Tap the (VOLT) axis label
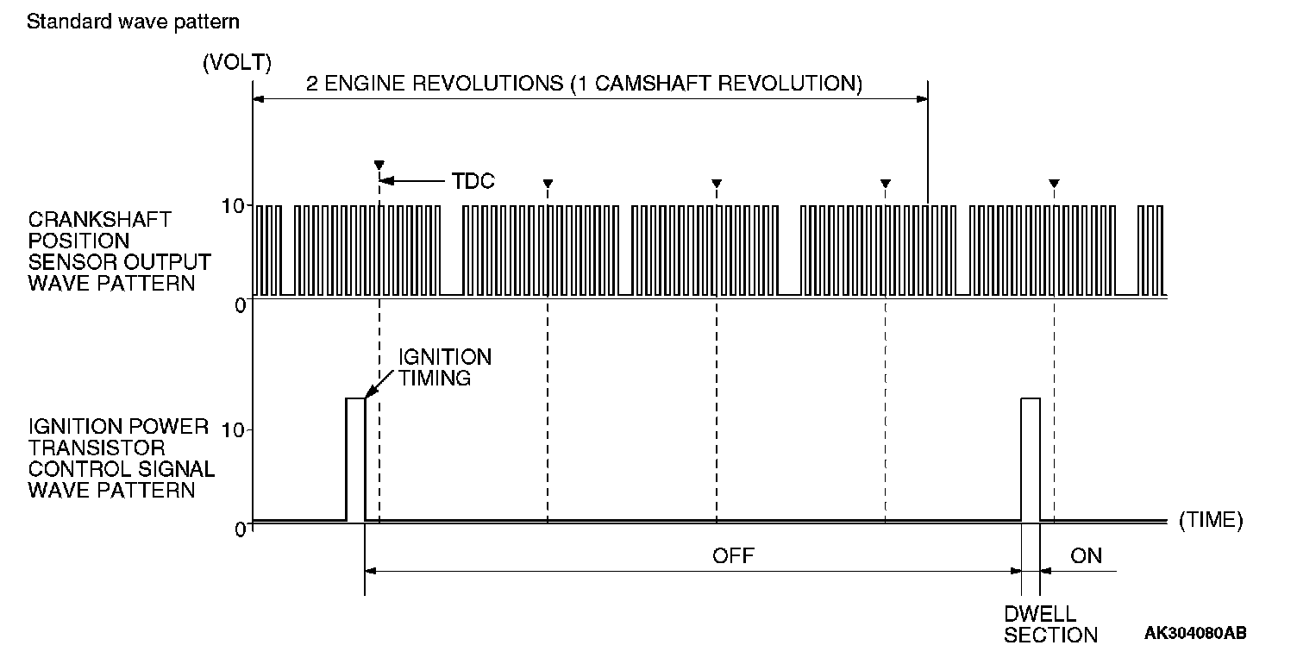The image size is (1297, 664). click(x=237, y=62)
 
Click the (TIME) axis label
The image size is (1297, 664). click(x=1211, y=520)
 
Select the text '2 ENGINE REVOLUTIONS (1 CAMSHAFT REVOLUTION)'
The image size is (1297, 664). click(x=584, y=85)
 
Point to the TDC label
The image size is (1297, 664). click(x=473, y=182)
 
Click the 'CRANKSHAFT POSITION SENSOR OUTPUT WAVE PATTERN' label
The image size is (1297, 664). click(x=119, y=251)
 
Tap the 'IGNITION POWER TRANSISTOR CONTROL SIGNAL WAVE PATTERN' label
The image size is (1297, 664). click(x=119, y=459)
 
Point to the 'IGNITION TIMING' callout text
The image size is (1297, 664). click(x=444, y=367)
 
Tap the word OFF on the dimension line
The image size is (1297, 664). click(x=733, y=556)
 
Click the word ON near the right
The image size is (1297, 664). click(x=1086, y=556)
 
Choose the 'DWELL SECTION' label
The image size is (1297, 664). click(x=1050, y=624)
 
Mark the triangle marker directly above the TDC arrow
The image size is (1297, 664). click(x=379, y=164)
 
